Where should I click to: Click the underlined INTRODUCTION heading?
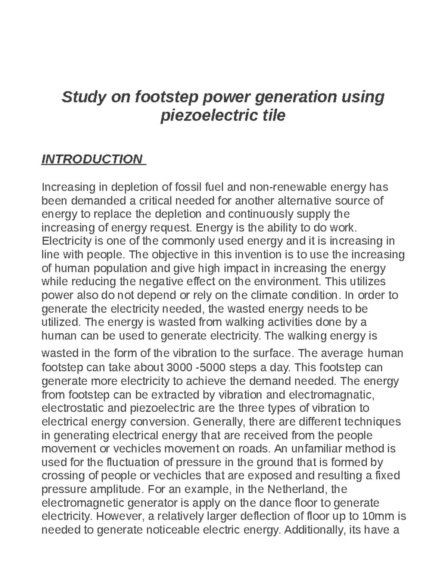point(92,159)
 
